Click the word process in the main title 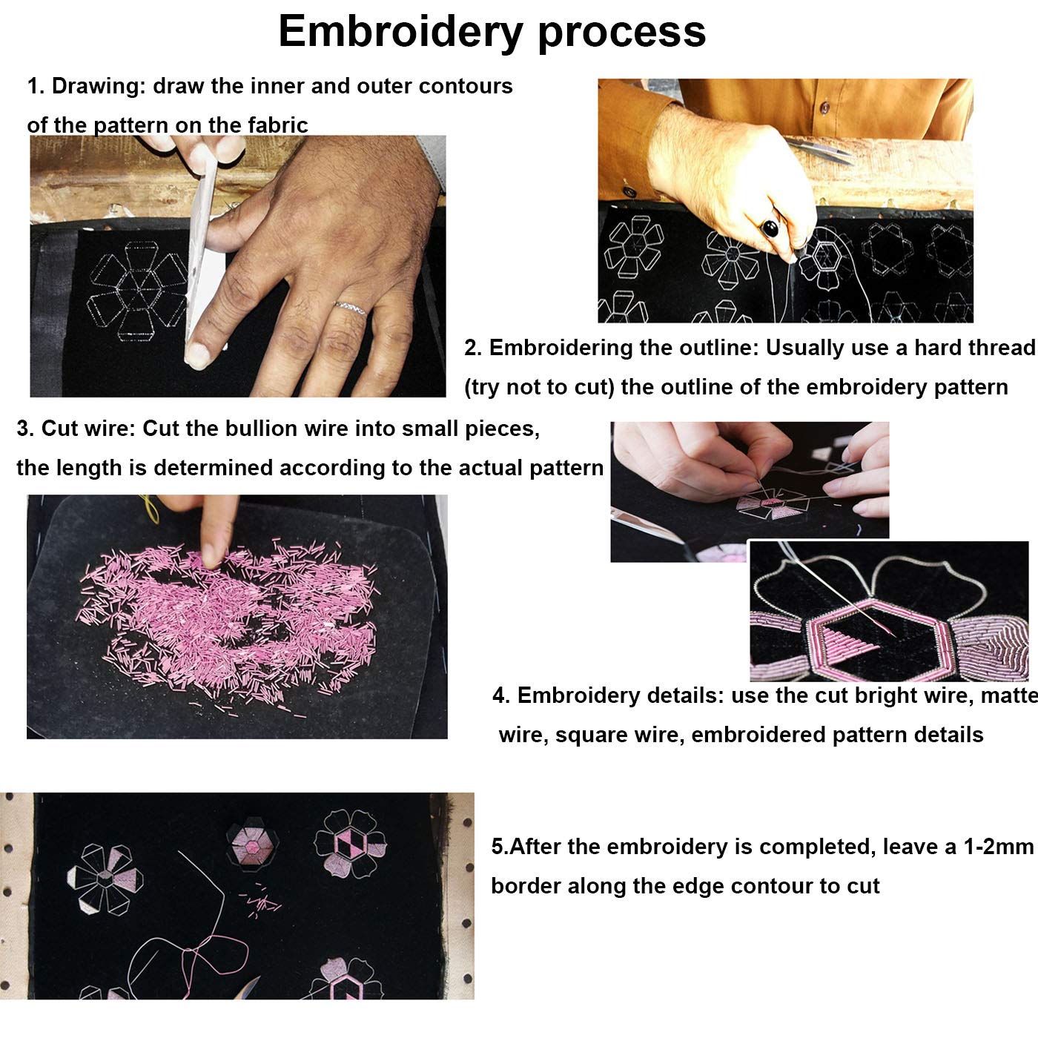621,34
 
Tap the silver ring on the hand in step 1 350,308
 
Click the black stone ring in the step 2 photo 770,228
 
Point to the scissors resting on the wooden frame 819,151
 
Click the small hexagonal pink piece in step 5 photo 252,844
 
